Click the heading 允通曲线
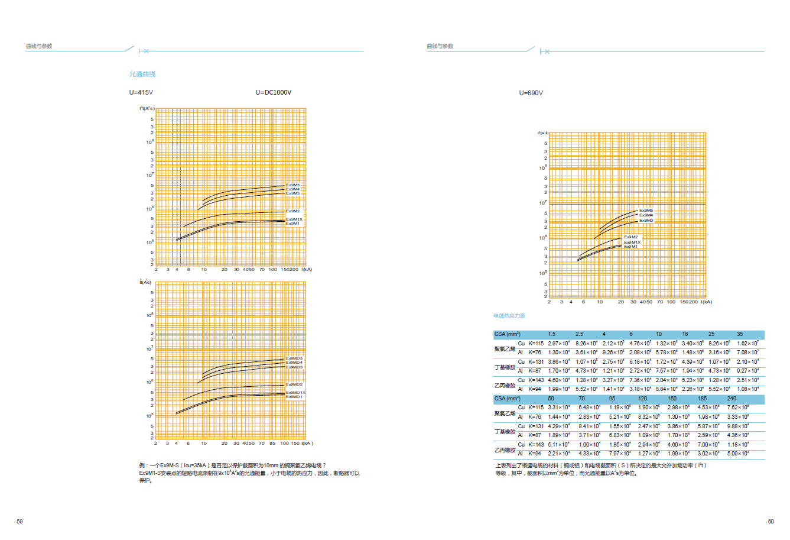142,74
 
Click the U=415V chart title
141,92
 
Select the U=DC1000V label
273,92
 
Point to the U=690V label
531,93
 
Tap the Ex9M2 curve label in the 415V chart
292,211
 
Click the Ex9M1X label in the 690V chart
632,242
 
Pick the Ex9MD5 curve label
294,358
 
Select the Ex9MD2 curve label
294,384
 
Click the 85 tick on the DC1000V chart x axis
272,443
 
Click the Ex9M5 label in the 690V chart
646,211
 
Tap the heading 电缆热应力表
509,316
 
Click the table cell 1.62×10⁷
747,344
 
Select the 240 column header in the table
732,399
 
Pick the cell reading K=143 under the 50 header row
536,444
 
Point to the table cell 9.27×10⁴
747,371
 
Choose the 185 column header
702,399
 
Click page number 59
19,521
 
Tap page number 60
771,521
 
